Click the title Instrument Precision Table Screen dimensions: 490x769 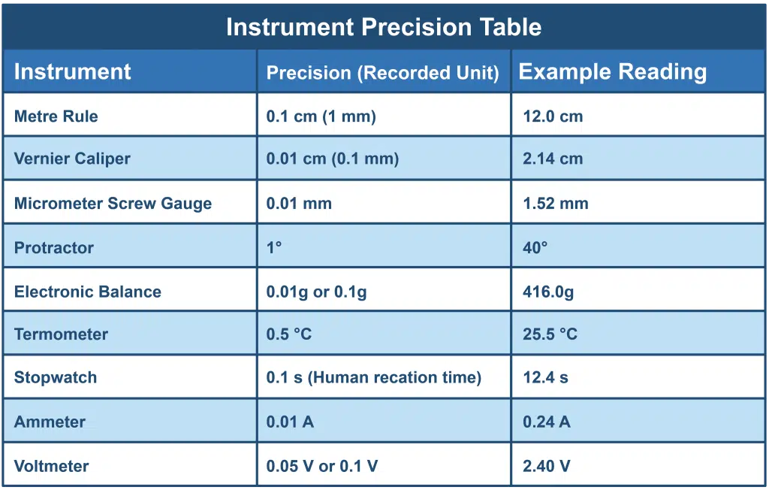[384, 27]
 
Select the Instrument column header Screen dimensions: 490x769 [72, 71]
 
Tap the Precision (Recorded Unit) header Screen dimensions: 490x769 [382, 73]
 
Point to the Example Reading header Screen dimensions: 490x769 [613, 71]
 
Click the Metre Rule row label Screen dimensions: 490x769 [56, 116]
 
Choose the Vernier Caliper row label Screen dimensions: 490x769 [72, 159]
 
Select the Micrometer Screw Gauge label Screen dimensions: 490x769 [113, 203]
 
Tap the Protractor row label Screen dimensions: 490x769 [54, 247]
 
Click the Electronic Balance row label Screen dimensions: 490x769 [88, 292]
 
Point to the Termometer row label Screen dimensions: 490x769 [61, 334]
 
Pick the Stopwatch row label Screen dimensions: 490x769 [56, 377]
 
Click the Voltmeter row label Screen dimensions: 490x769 [51, 466]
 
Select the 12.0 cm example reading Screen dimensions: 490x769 [553, 116]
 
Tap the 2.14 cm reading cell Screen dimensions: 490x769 [553, 159]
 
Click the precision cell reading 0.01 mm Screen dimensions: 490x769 [299, 203]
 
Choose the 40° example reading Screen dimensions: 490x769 [535, 247]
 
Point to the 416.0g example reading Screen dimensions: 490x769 [548, 292]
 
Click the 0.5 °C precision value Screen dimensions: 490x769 [289, 334]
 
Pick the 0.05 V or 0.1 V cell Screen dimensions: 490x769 [322, 466]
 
